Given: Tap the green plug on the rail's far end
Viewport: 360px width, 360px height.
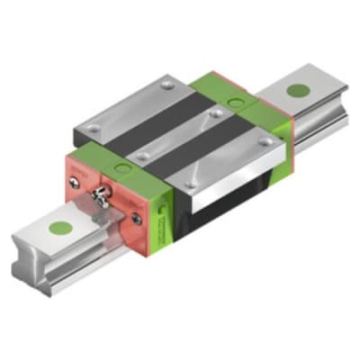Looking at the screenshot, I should tap(297, 90).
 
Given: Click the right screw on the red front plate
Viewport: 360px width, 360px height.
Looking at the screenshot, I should tap(136, 217).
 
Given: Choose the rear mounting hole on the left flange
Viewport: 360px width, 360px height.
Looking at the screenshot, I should tap(168, 87).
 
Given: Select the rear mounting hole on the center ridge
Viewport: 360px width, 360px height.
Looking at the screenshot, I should tap(214, 113).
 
